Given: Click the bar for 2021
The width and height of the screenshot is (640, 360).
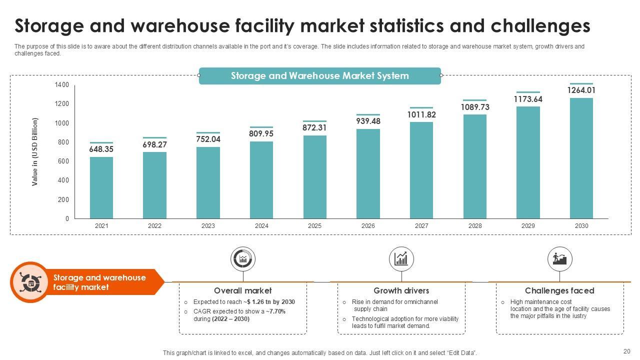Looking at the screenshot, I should coord(101,187).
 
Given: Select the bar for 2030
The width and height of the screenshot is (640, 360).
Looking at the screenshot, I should coord(581,158).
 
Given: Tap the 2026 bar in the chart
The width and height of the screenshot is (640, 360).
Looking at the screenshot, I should coord(368,173).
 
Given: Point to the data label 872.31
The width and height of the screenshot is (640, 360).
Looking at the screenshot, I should coord(314,127).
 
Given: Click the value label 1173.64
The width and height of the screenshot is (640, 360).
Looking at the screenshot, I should coord(528,99).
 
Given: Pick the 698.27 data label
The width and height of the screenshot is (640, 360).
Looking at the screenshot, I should coord(155,144).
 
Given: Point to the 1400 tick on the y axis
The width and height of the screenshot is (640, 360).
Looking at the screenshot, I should coord(62,85).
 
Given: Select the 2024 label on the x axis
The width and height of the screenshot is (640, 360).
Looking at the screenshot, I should coord(261,226).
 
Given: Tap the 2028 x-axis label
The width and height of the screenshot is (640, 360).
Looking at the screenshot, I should coord(475,226).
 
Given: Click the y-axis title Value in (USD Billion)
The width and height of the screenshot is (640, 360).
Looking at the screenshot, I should coord(35,152).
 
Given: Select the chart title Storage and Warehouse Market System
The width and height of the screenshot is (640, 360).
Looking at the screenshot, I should coord(320,76).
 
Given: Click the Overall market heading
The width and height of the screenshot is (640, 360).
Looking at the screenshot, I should coord(243,290).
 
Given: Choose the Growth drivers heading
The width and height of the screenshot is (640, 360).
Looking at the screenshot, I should coord(401,290).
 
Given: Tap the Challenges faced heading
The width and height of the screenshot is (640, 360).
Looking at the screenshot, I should coord(559,290).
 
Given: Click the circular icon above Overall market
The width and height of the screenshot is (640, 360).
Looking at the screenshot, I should coord(243,259).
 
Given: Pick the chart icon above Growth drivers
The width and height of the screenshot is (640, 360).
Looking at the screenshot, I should coord(401,259).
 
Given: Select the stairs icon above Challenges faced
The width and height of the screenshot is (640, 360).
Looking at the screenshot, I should coord(559,259).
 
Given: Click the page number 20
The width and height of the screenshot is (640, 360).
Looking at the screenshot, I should coord(627,351).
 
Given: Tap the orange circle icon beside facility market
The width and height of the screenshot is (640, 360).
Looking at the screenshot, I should coord(30,282).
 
